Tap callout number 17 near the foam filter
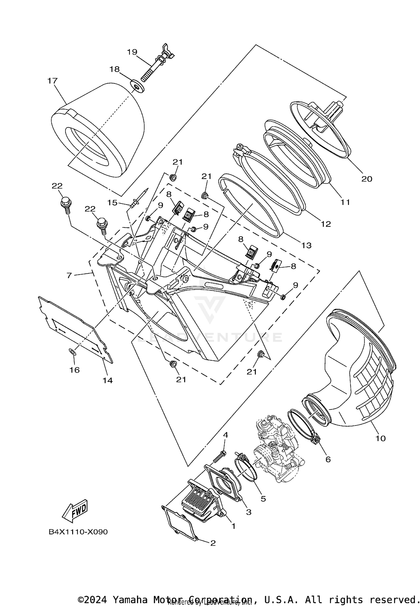pos(52,81)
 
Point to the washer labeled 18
pos(137,87)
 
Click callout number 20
pos(367,179)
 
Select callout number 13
pos(307,245)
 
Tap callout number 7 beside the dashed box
pos(69,275)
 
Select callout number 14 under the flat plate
pos(108,380)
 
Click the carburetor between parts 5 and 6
pos(277,449)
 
